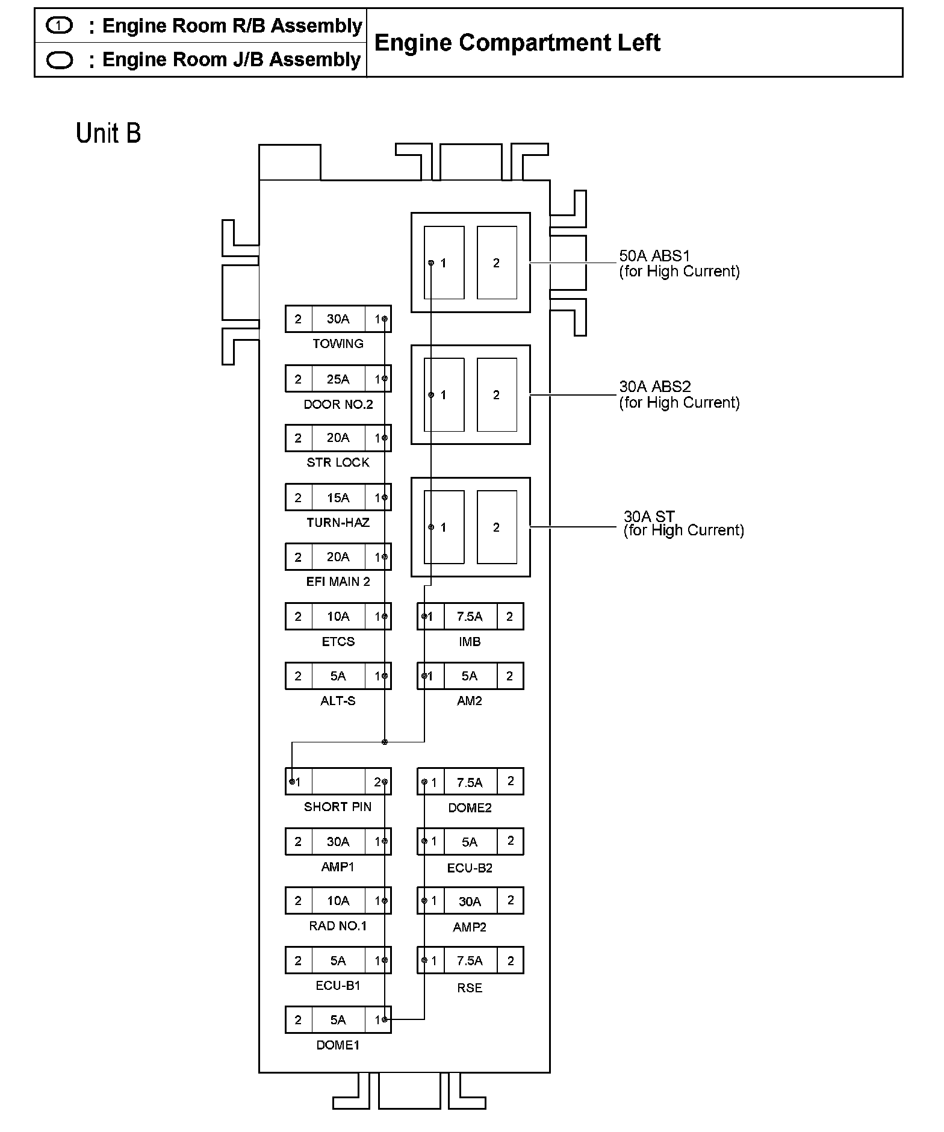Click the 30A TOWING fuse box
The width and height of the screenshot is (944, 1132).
338,319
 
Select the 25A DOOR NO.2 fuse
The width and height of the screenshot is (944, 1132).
338,379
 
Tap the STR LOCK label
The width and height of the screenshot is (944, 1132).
338,462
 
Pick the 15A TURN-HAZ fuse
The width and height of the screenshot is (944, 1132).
338,497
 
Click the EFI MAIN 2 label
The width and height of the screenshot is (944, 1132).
338,582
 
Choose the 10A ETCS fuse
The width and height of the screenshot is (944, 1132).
338,616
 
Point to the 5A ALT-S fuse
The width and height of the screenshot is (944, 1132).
338,676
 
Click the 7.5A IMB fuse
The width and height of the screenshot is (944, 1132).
470,616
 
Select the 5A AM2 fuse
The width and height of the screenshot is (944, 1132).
470,676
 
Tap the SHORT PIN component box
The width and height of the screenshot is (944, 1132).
338,782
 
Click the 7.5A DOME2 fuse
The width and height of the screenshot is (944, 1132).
470,782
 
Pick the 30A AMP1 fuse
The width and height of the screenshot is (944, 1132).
338,841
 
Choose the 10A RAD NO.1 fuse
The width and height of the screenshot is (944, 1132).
338,900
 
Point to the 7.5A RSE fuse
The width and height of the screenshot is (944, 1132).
470,960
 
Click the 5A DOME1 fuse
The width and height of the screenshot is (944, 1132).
338,1019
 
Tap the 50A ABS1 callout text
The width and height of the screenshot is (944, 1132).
678,264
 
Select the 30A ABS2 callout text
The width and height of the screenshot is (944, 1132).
678,394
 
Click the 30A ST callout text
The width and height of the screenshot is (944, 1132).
683,523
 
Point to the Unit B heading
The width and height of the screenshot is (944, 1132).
108,133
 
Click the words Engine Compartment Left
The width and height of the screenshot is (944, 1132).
517,43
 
